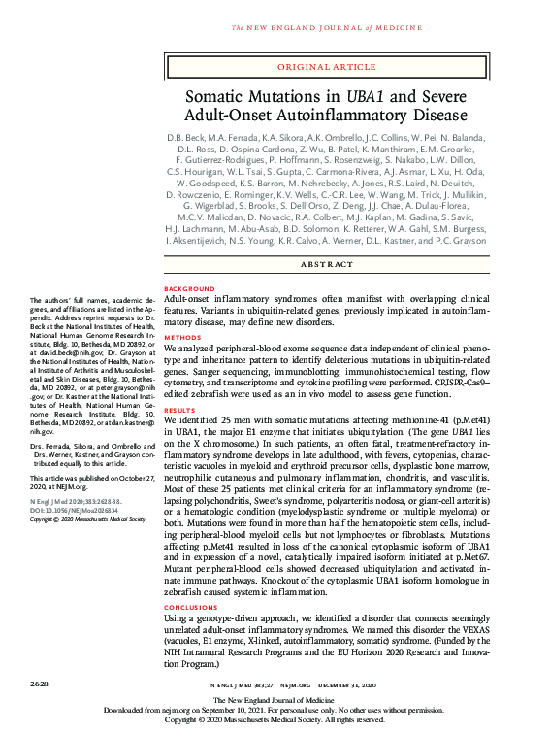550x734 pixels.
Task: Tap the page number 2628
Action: coord(42,685)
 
